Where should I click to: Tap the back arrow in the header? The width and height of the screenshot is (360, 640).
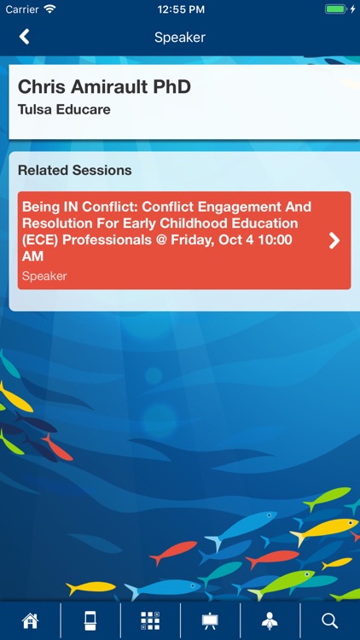(x=25, y=37)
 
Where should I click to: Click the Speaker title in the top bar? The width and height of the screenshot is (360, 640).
(x=180, y=37)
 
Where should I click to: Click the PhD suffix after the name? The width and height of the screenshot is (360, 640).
(x=171, y=87)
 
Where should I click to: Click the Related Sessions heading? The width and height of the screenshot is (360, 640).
(x=75, y=170)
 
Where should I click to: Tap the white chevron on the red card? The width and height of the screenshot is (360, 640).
(x=334, y=241)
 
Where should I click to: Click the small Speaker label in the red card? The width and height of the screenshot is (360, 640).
(x=44, y=276)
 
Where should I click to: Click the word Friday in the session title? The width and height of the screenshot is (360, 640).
(x=199, y=240)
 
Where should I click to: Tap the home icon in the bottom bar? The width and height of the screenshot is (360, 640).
(x=31, y=620)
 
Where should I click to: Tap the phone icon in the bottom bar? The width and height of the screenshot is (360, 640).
(x=90, y=620)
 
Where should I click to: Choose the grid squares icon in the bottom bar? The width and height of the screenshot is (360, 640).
(x=150, y=620)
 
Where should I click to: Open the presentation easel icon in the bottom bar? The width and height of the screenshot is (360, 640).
(x=210, y=620)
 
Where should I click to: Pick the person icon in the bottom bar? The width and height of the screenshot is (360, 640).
(x=270, y=620)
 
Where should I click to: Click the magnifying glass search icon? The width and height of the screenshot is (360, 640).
(x=330, y=620)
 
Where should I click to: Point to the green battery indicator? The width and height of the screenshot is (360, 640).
(x=334, y=9)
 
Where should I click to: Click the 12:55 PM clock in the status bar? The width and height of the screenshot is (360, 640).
(x=180, y=9)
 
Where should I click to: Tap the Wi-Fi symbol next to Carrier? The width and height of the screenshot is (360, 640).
(x=49, y=9)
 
